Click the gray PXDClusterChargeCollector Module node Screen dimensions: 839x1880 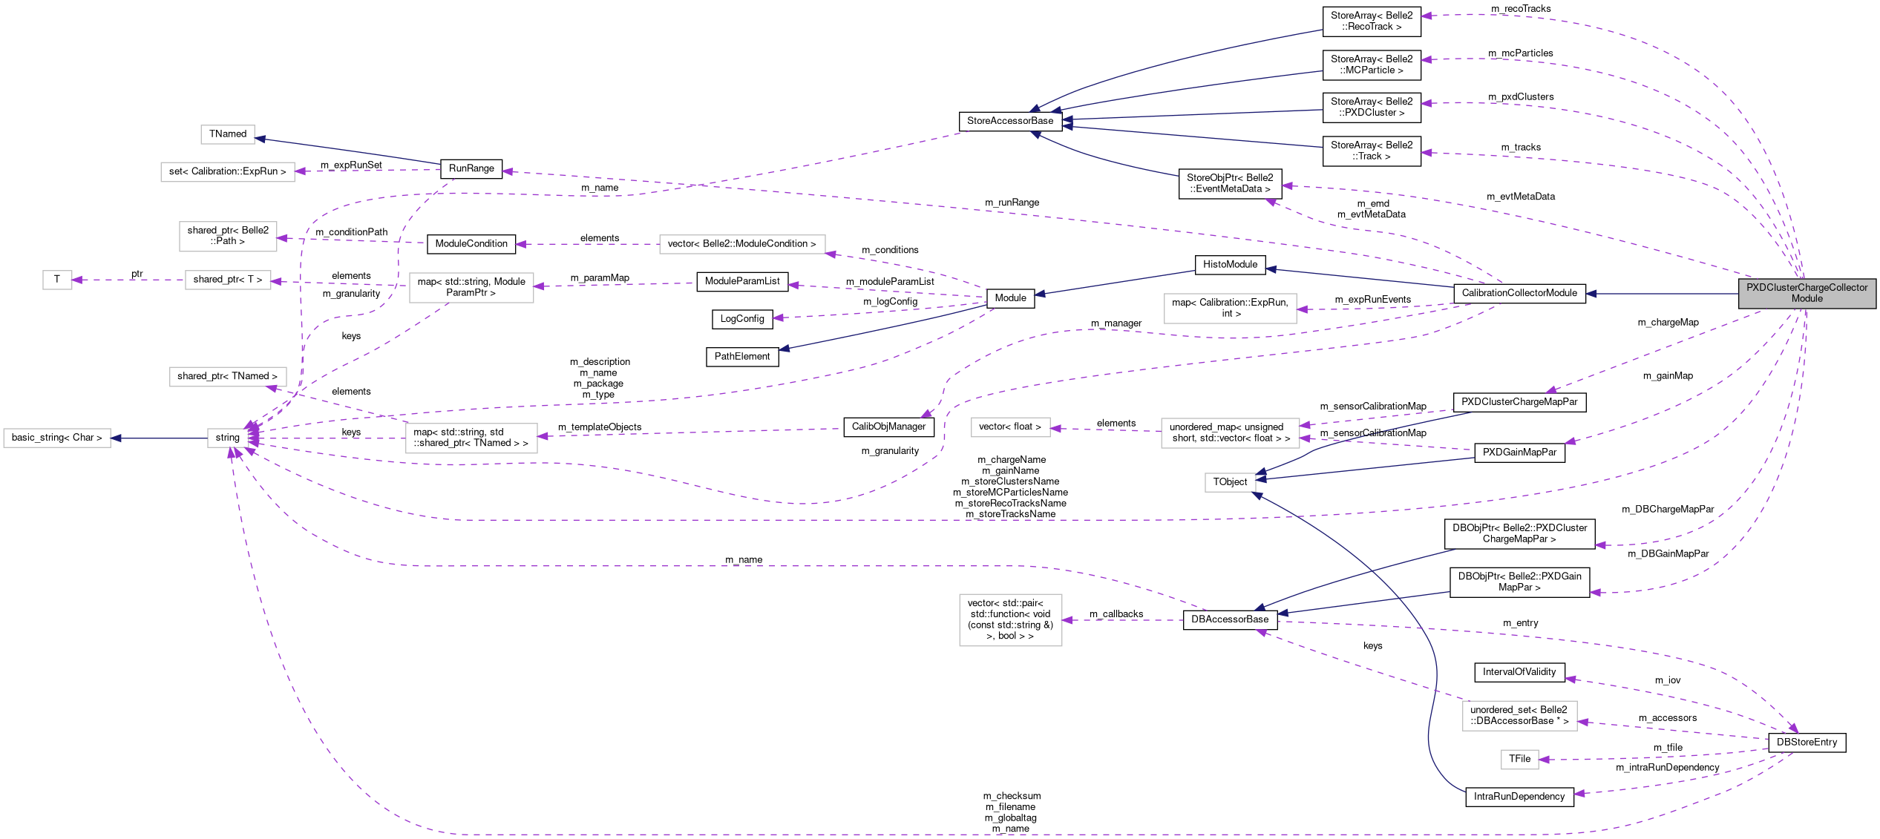pos(1807,293)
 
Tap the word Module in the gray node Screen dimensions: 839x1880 pos(1807,299)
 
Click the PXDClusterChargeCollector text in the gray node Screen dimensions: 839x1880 pos(1807,287)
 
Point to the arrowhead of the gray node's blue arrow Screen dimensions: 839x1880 pos(1591,294)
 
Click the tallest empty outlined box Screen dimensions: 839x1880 pos(1010,619)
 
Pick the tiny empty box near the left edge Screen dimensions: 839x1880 pos(57,280)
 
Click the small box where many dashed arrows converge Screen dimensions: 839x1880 pos(228,438)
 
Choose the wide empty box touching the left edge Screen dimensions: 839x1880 pos(57,438)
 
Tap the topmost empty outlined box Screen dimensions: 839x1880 pos(228,134)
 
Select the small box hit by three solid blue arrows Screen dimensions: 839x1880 pos(1230,482)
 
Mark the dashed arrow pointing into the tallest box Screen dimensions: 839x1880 pos(1121,620)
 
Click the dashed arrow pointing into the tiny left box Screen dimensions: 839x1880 pos(126,280)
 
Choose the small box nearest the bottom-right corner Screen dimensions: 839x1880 pos(1519,760)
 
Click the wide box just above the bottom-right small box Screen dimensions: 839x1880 pos(1519,715)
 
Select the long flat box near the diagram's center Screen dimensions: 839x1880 pos(741,244)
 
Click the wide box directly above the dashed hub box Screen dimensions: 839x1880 pos(228,377)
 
